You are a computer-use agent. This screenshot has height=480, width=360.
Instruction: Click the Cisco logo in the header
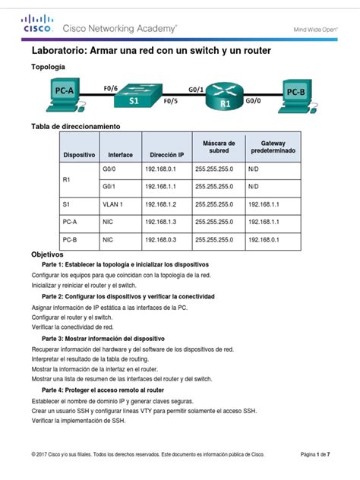click(38, 25)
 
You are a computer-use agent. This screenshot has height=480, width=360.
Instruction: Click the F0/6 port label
click(109, 87)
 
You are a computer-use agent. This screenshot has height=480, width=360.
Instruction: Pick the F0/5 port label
click(172, 101)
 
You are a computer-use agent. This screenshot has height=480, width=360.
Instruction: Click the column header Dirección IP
click(166, 154)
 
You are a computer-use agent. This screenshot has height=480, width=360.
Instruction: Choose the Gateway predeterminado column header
click(273, 147)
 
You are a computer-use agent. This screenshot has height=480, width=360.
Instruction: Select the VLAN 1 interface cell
click(112, 204)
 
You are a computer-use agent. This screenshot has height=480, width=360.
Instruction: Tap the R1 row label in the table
click(66, 179)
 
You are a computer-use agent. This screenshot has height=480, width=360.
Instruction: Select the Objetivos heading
click(47, 254)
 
